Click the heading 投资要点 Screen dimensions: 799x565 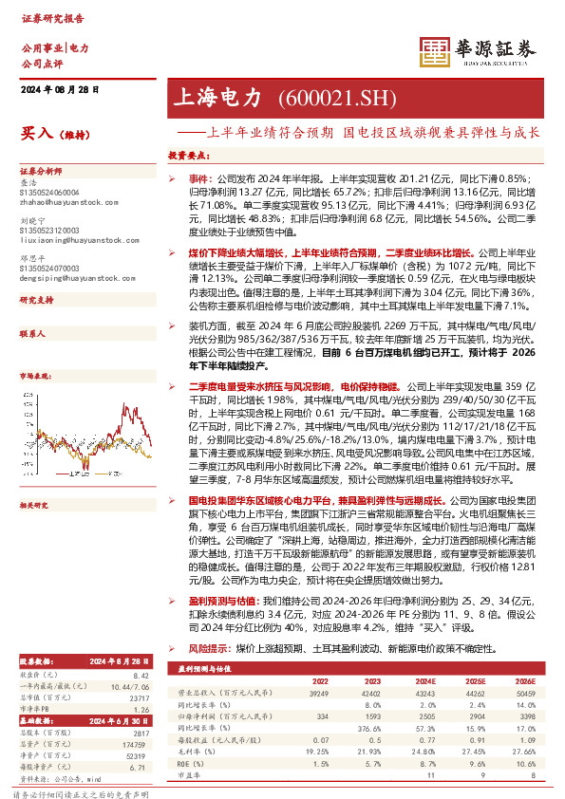coord(187,154)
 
